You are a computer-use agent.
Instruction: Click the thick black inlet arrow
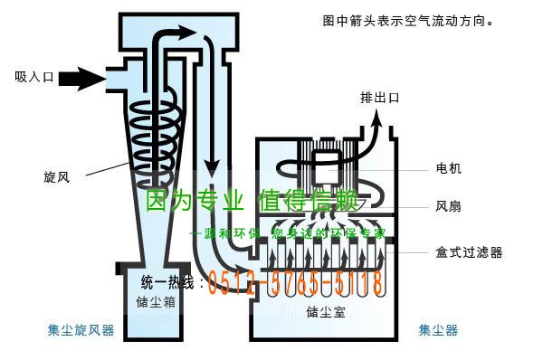click(83, 79)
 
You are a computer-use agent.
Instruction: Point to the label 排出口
click(379, 98)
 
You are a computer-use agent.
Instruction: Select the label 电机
click(448, 169)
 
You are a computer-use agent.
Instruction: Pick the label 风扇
click(448, 206)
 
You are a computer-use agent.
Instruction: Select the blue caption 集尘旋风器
click(81, 331)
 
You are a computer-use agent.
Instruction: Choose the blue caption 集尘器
click(438, 331)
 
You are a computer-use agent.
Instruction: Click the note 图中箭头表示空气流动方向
click(408, 19)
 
